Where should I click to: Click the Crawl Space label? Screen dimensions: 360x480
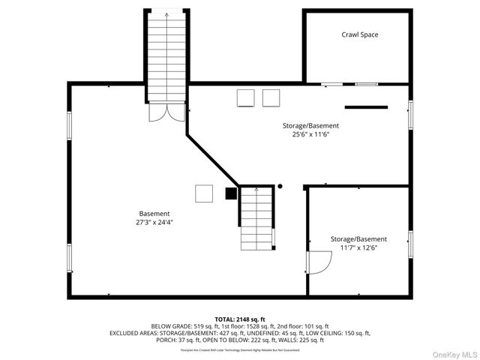(360, 34)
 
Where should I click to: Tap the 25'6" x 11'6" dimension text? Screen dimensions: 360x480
(310, 135)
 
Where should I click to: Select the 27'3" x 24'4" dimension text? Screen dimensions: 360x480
(154, 223)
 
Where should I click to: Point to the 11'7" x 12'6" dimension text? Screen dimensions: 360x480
(358, 248)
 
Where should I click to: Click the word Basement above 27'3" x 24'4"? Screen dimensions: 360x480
(154, 214)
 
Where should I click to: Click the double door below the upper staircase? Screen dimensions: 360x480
(166, 112)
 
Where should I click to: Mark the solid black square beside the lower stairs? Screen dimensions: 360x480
(231, 193)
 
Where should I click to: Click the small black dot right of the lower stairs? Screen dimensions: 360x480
(280, 186)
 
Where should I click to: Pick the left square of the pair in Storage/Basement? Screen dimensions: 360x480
(245, 97)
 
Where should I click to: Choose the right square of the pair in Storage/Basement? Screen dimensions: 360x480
(270, 97)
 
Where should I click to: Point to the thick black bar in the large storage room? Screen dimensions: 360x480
(367, 106)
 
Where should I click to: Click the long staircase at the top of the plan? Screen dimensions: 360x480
(166, 56)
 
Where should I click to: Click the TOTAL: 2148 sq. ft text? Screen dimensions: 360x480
(240, 319)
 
